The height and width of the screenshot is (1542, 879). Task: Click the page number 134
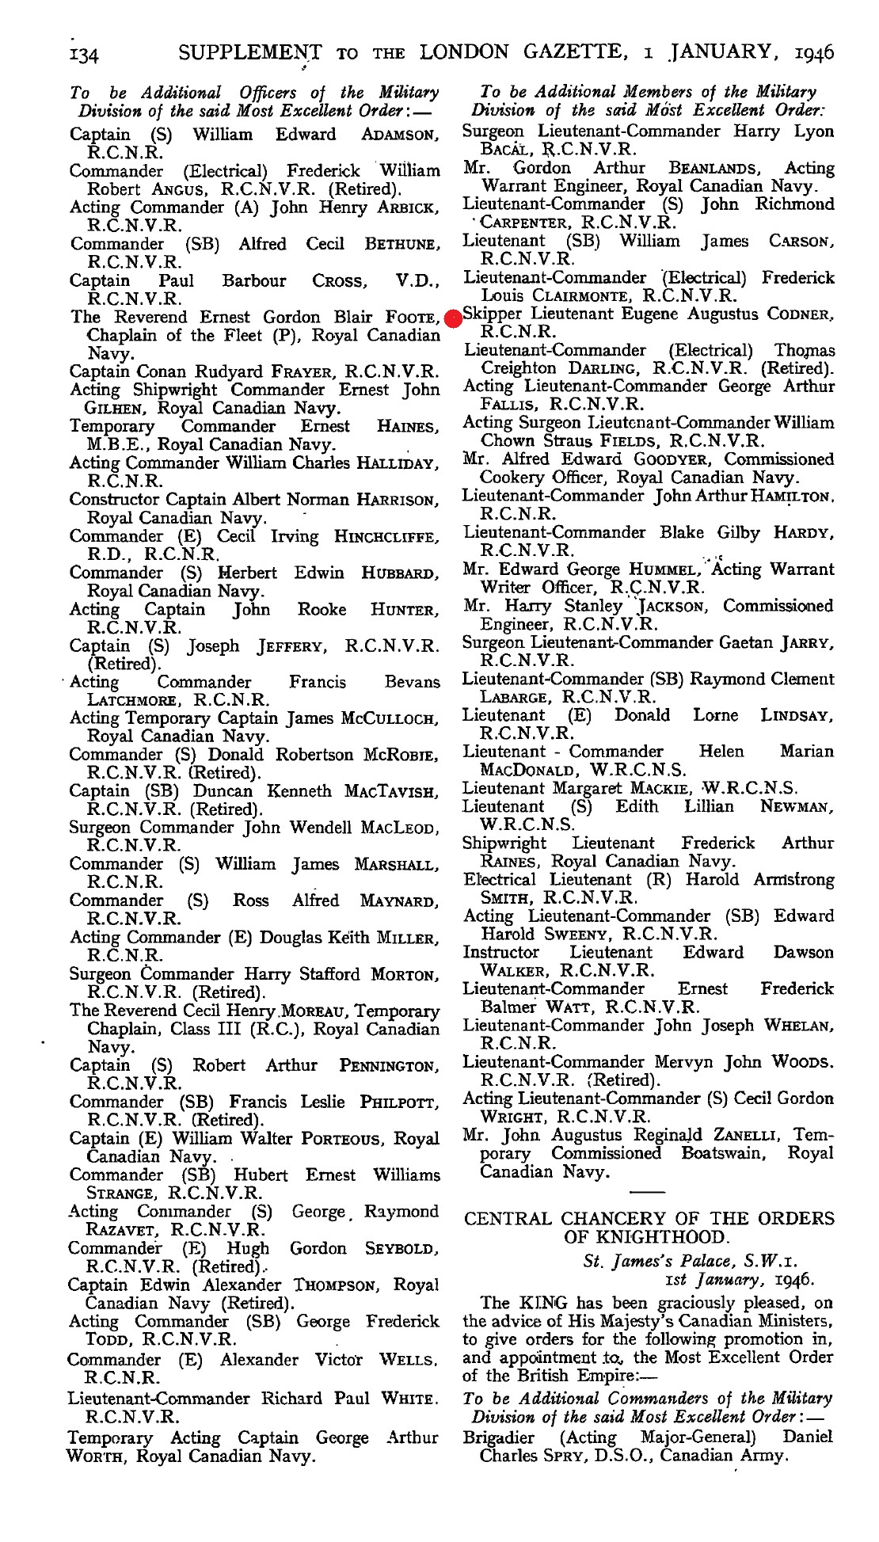point(83,55)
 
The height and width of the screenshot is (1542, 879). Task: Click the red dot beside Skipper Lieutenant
point(453,318)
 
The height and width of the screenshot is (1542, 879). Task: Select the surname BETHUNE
point(401,245)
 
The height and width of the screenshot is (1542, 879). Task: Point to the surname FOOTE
point(411,318)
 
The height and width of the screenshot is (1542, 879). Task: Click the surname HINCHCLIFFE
point(386,537)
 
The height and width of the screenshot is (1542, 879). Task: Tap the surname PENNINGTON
point(388,1067)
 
